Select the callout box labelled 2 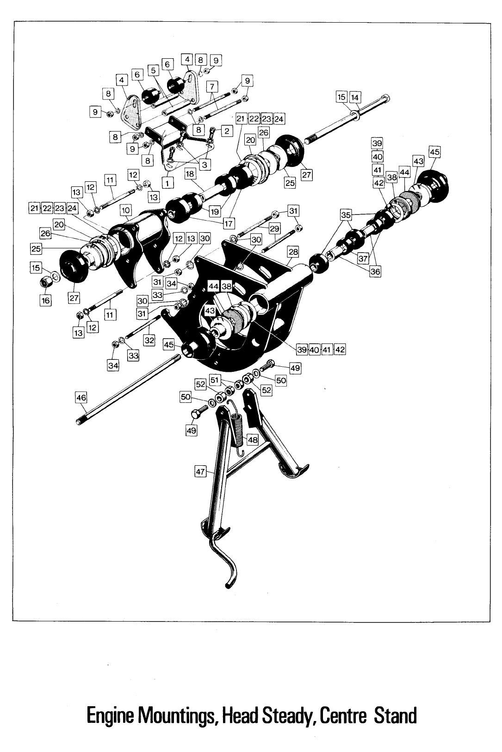click(x=227, y=131)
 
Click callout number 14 click(x=355, y=97)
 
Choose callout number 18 click(x=190, y=173)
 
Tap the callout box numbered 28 click(x=293, y=252)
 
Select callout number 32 click(x=149, y=340)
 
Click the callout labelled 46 click(x=81, y=397)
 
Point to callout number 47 click(x=200, y=472)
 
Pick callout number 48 click(x=253, y=440)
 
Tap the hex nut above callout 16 click(x=47, y=281)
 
